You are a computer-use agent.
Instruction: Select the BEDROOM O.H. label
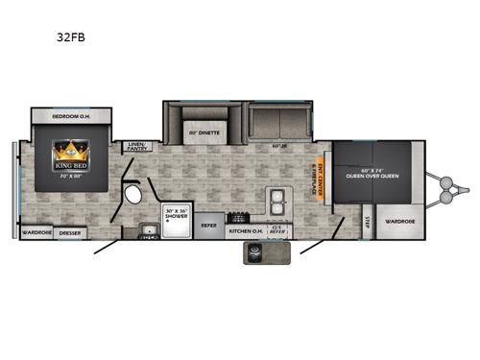coord(66,116)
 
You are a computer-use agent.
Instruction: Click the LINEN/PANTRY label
coord(136,147)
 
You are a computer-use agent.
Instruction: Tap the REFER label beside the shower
coord(208,227)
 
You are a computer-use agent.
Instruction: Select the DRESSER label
coord(70,231)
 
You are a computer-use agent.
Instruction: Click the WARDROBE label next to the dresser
coord(36,231)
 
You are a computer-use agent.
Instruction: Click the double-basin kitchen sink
coord(276,202)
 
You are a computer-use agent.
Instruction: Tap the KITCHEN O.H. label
coord(244,230)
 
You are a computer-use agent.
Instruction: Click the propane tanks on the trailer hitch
coord(447,188)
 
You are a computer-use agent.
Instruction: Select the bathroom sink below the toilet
coord(150,229)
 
